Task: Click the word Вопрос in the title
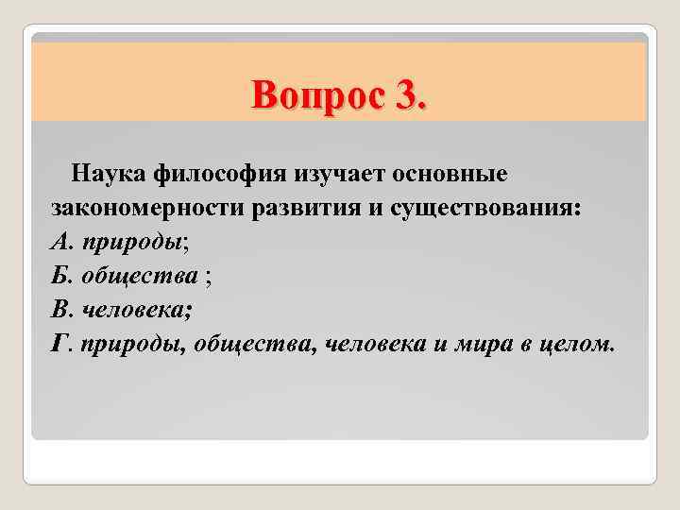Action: coord(311,95)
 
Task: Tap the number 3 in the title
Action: coord(408,95)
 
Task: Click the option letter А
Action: coord(58,243)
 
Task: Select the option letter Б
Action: coord(57,277)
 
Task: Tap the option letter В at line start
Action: coord(57,310)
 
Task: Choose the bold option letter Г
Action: coord(58,344)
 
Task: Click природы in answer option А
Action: coord(131,244)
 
